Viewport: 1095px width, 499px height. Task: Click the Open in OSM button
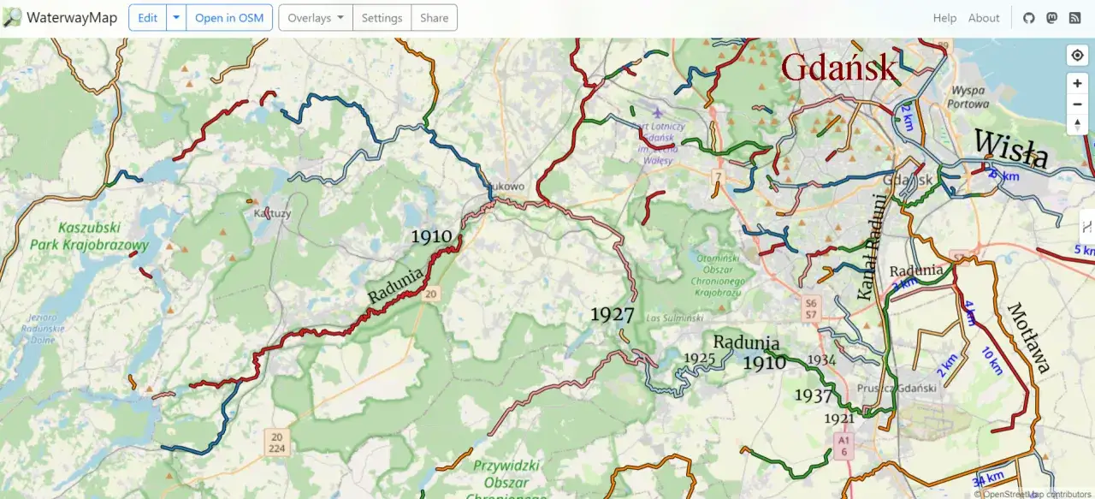coord(229,18)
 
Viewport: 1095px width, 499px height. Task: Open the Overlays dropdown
coord(316,18)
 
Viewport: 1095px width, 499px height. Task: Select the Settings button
coord(382,18)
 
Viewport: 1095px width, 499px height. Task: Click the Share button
coord(434,18)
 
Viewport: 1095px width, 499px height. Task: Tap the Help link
coord(944,18)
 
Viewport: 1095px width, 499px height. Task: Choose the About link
coord(984,18)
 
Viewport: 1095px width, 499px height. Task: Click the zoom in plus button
coord(1077,84)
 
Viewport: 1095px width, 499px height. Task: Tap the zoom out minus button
coord(1077,104)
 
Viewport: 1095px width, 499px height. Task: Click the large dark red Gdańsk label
coord(839,68)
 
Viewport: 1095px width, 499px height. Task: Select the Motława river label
coord(1028,337)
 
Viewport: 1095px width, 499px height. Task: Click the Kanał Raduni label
coord(871,247)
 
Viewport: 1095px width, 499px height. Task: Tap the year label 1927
coord(613,314)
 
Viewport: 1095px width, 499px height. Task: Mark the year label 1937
coord(814,395)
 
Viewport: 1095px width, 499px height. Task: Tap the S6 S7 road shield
coord(811,310)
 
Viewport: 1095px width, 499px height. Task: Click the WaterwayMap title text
coord(72,18)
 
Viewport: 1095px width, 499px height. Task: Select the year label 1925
coord(700,358)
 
